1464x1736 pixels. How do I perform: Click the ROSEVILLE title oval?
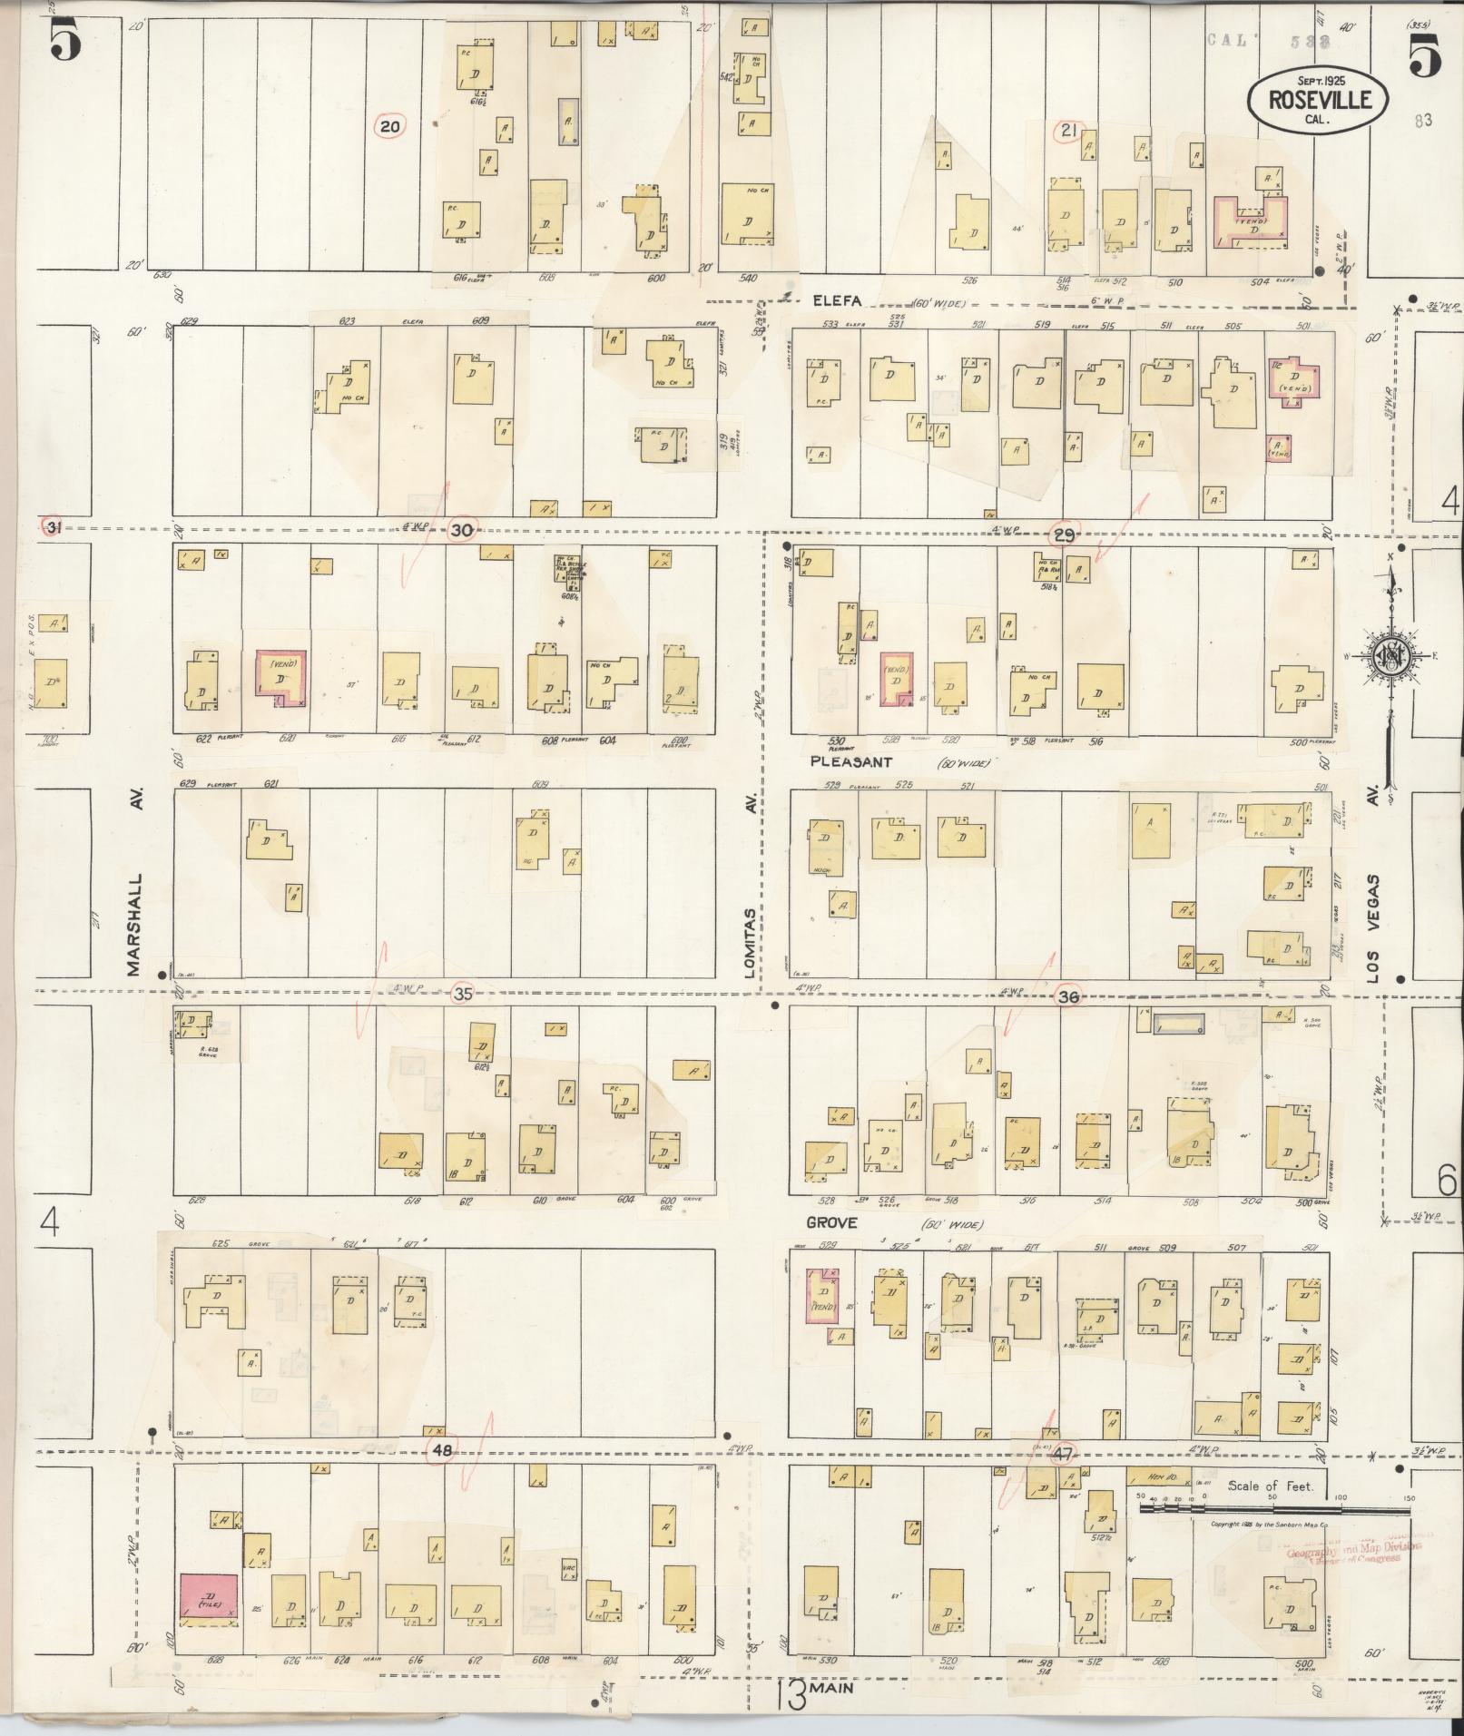[1318, 97]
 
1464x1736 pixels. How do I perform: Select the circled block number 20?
[389, 127]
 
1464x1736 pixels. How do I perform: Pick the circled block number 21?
[1068, 131]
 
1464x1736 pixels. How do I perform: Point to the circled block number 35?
[463, 994]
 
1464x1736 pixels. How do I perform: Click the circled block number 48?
[442, 1451]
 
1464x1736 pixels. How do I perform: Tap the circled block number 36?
[1069, 996]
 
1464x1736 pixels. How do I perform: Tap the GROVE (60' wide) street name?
[832, 1222]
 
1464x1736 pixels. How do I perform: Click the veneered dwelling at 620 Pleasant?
[280, 678]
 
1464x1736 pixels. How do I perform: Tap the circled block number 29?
[1062, 536]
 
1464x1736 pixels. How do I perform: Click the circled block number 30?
[462, 531]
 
